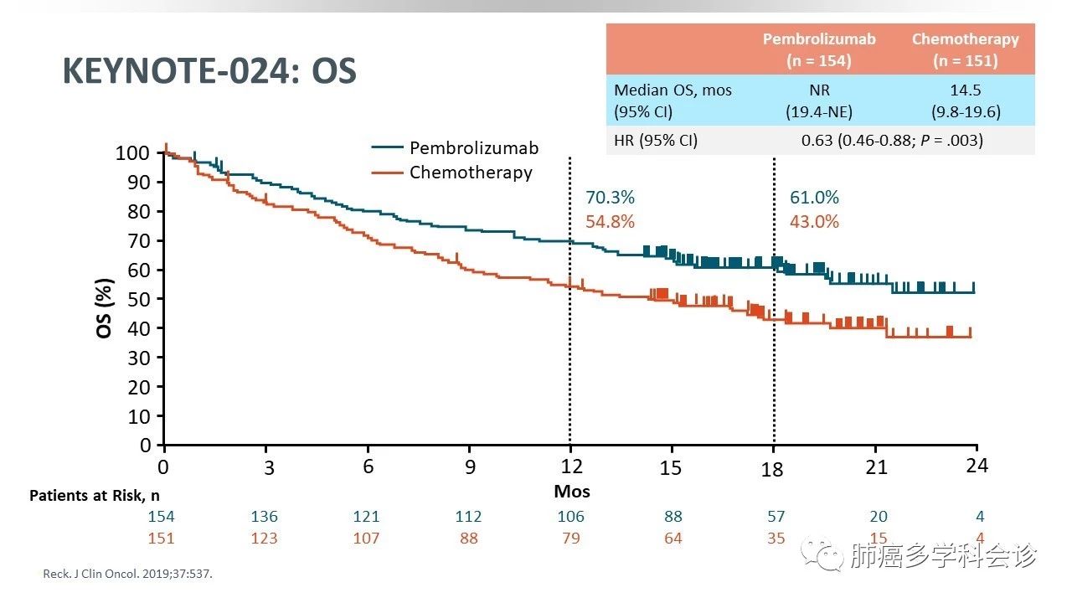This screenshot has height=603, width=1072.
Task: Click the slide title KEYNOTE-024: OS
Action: [x=209, y=72]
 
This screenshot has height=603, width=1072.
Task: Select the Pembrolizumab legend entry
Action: [x=473, y=148]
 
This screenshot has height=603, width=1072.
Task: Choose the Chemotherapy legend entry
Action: [x=470, y=173]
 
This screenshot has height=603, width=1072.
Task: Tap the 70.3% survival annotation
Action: [x=610, y=198]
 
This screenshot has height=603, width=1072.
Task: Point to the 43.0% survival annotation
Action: [x=814, y=222]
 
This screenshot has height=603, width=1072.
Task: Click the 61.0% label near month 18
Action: [x=814, y=198]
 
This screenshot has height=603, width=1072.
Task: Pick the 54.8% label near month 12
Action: [x=610, y=222]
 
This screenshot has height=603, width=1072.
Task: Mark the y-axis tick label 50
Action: [x=140, y=299]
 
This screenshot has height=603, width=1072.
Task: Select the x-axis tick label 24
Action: [x=977, y=466]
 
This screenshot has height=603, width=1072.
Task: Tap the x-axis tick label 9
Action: [x=470, y=467]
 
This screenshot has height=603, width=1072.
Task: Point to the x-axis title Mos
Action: [x=571, y=491]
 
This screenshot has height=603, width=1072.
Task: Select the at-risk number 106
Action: [x=570, y=517]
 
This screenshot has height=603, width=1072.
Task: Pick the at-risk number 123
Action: [x=264, y=538]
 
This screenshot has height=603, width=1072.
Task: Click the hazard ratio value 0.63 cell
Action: [x=892, y=141]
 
